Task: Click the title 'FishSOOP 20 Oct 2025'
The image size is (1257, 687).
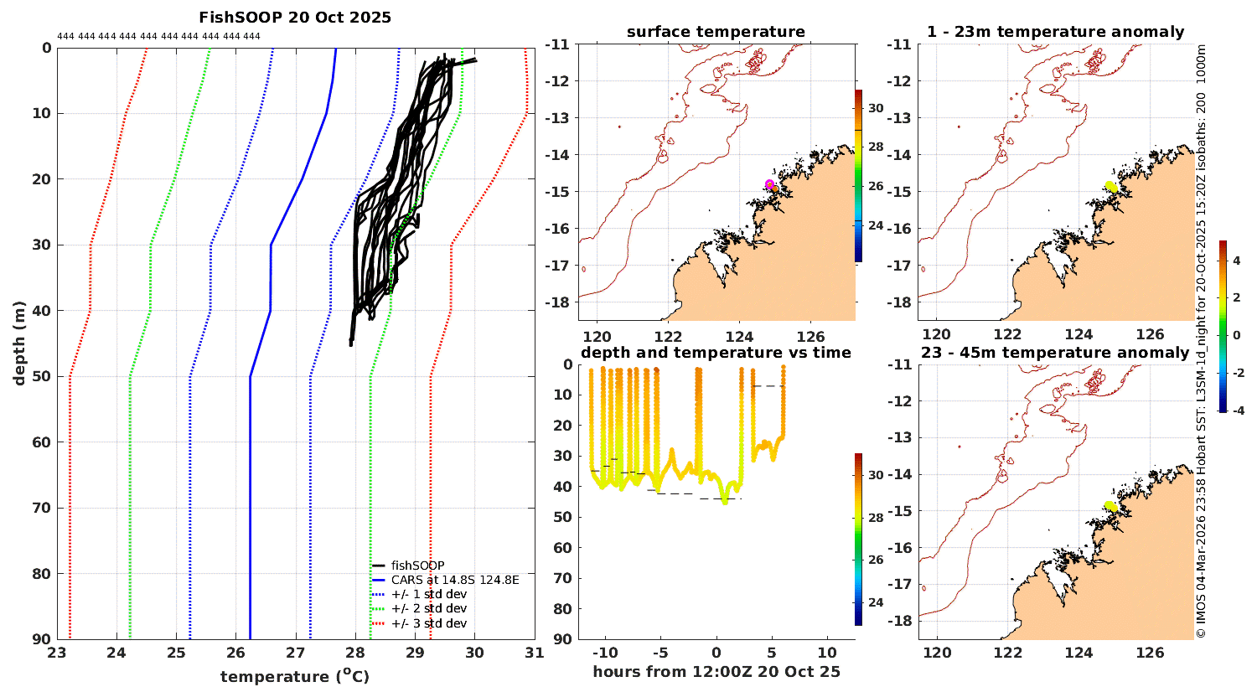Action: (x=295, y=18)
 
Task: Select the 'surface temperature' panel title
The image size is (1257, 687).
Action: (x=716, y=32)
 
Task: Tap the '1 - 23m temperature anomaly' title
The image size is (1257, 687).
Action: (x=1056, y=32)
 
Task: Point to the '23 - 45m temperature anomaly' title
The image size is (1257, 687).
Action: (x=1055, y=353)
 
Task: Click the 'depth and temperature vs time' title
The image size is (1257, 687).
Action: (x=716, y=353)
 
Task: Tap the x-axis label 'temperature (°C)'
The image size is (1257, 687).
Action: (x=295, y=676)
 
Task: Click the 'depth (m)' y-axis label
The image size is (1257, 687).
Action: (x=19, y=343)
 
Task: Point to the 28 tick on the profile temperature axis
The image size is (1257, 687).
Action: (x=355, y=653)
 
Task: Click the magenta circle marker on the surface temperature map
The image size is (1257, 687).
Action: (x=769, y=184)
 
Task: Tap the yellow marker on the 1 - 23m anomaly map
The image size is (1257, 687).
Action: (x=1111, y=187)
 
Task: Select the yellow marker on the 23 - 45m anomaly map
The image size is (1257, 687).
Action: (x=1111, y=506)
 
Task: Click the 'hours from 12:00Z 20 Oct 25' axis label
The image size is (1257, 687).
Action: (x=716, y=672)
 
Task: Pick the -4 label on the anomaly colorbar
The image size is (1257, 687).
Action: (x=1238, y=411)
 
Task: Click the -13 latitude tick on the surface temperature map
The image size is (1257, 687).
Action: (x=558, y=118)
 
